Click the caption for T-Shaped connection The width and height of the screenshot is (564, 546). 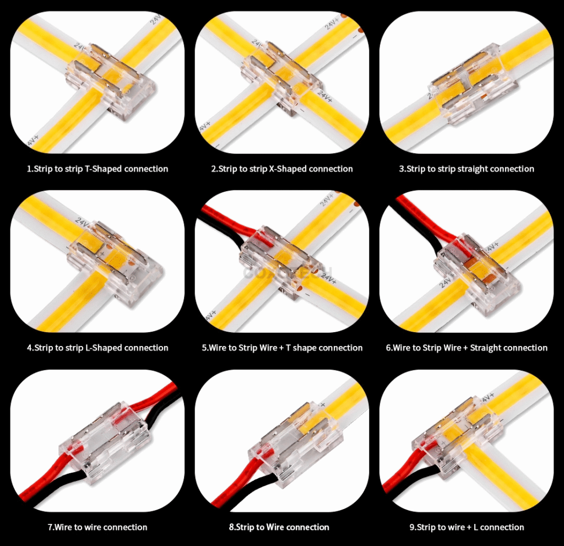click(x=97, y=169)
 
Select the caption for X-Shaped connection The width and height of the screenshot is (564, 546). click(x=282, y=169)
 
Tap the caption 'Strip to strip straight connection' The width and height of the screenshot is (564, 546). click(x=467, y=169)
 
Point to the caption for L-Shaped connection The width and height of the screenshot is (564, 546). click(x=97, y=348)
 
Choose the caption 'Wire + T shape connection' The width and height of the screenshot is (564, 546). click(x=282, y=348)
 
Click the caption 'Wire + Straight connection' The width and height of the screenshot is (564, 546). click(x=467, y=348)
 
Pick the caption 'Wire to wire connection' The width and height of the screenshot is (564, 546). click(x=97, y=527)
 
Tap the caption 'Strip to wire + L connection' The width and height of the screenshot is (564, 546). click(x=467, y=527)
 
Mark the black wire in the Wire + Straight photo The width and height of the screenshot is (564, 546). click(x=424, y=231)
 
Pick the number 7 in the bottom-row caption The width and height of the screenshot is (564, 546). click(x=50, y=527)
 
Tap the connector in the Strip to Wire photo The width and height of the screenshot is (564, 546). click(x=289, y=438)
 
